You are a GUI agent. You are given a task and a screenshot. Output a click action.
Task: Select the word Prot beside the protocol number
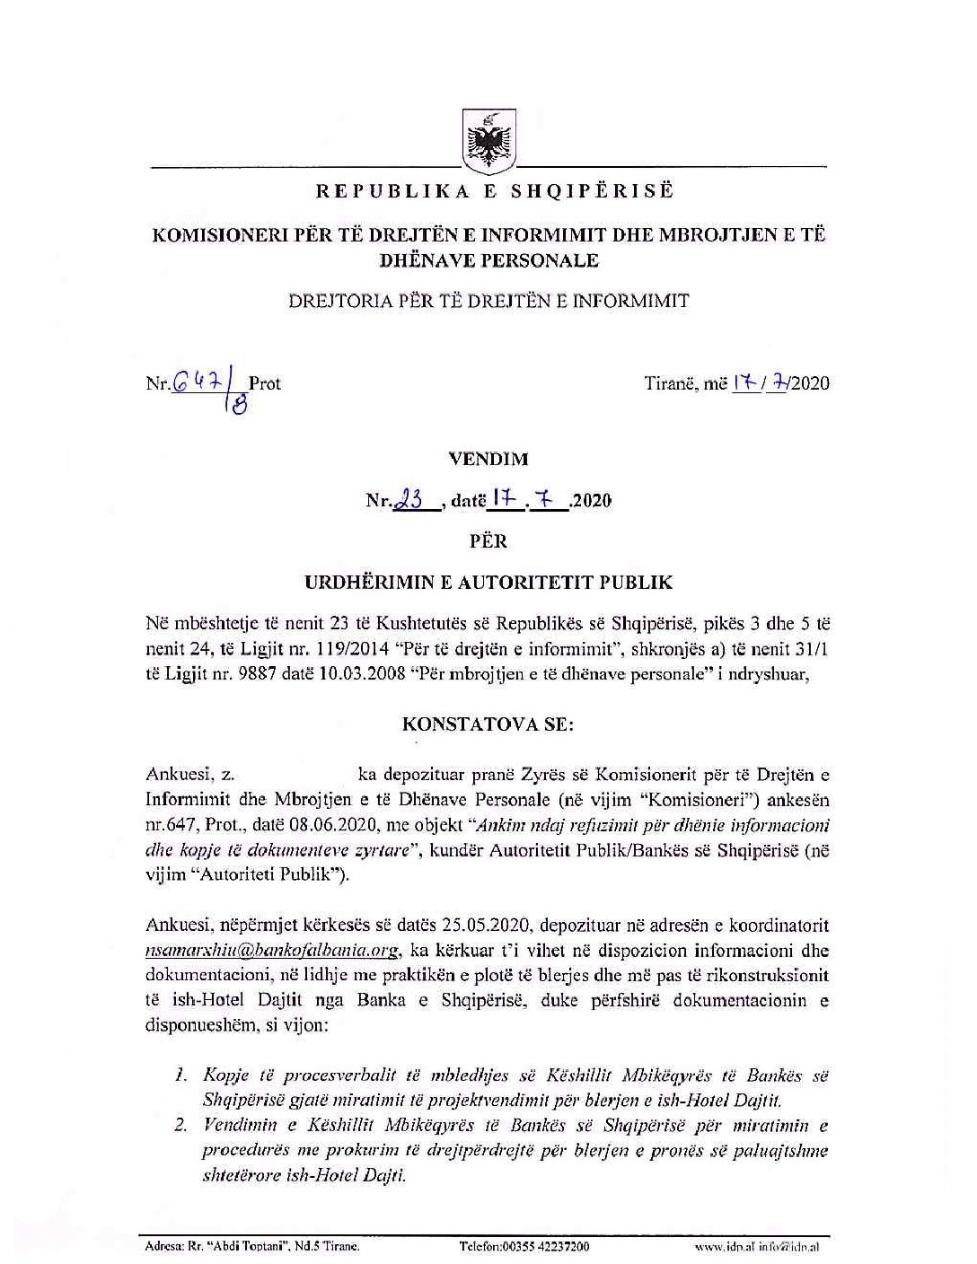pos(264,383)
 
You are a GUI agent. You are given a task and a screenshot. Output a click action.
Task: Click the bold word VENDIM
pos(488,459)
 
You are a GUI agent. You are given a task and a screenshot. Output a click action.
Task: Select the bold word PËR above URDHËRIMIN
pos(488,541)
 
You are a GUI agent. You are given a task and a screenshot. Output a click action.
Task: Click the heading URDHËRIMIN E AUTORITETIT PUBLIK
pos(488,583)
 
